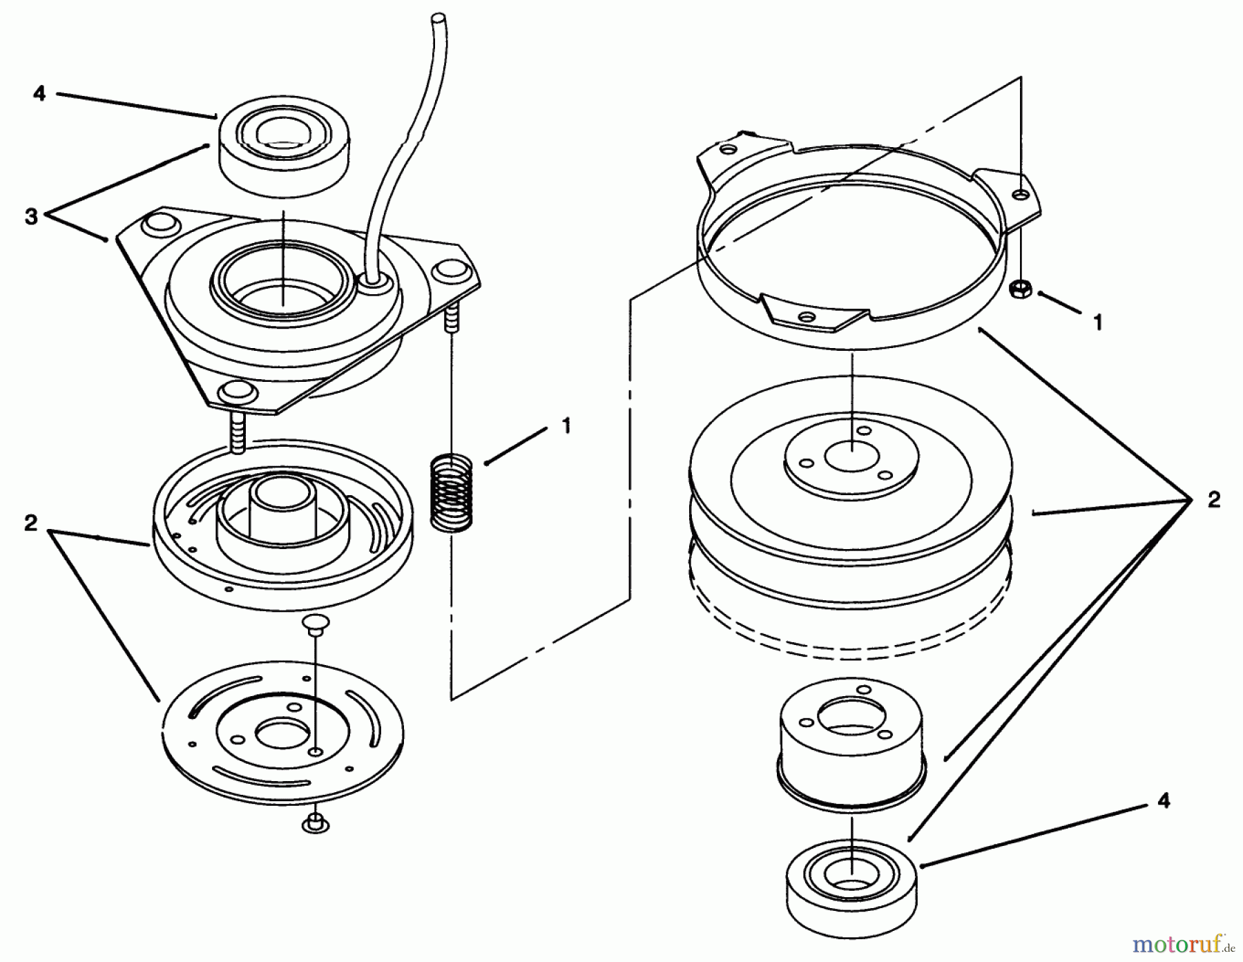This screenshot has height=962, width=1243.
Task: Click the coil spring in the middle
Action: click(450, 491)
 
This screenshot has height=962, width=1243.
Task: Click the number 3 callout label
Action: click(31, 216)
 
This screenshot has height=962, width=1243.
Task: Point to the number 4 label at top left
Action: click(39, 93)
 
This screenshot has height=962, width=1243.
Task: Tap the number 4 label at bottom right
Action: click(1164, 801)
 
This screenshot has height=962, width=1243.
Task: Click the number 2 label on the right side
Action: click(1213, 500)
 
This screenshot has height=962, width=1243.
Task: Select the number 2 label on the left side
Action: click(30, 523)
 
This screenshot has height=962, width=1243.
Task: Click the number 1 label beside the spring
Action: click(566, 426)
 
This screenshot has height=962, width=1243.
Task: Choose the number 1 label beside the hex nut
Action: click(1098, 323)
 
